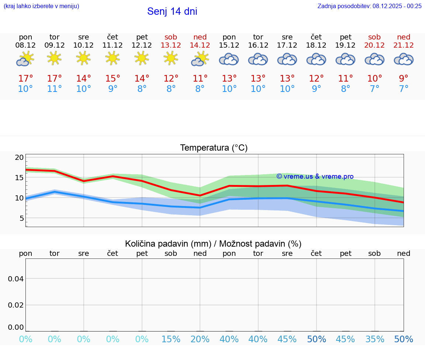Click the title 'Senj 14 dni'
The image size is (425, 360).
(x=172, y=11)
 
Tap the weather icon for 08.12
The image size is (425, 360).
(x=25, y=59)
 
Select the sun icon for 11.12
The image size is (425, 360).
(x=113, y=58)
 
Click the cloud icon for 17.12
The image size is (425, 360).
(x=287, y=59)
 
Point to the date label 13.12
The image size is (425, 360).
(x=171, y=45)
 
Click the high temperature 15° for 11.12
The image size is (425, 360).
(x=113, y=79)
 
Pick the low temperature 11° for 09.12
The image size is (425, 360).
(x=54, y=89)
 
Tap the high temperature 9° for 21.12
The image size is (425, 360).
(x=404, y=79)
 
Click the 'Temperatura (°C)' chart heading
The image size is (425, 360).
(x=214, y=148)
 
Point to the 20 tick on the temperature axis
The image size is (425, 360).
(x=19, y=158)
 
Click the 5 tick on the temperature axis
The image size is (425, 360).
(x=21, y=218)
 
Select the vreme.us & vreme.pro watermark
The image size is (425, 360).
(x=315, y=176)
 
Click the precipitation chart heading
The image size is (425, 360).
(x=213, y=244)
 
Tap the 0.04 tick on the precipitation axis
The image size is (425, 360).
(x=16, y=279)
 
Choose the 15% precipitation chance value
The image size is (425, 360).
(x=171, y=339)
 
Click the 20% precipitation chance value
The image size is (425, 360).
(x=200, y=339)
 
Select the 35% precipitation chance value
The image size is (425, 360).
(x=374, y=339)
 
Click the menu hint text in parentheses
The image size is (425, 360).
(x=41, y=6)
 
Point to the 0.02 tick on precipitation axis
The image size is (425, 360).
(x=16, y=305)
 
